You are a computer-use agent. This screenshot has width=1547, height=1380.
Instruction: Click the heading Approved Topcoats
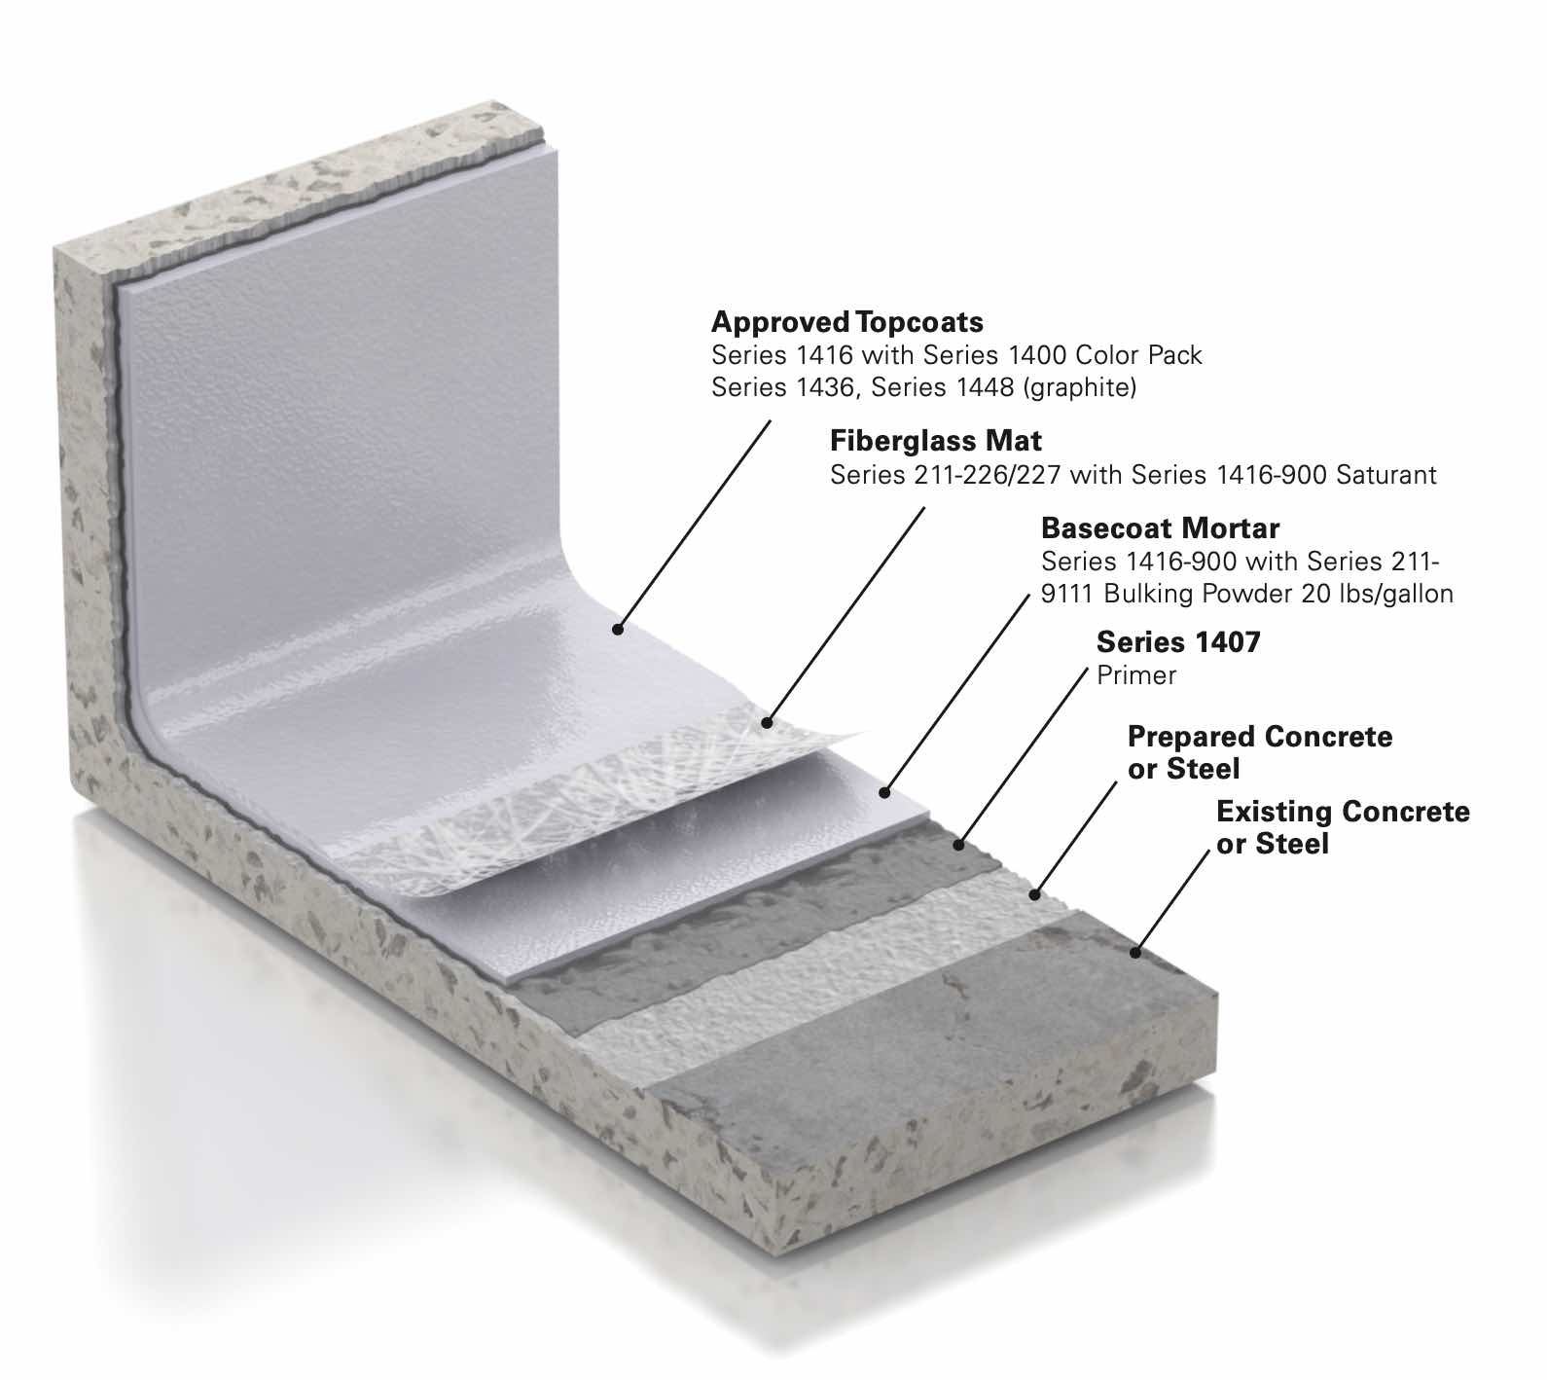click(x=846, y=322)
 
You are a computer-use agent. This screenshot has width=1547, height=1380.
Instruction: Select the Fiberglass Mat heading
click(x=935, y=441)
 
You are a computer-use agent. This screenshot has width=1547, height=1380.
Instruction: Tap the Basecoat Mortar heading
click(x=1160, y=528)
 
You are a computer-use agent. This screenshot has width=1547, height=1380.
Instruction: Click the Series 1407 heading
click(x=1177, y=642)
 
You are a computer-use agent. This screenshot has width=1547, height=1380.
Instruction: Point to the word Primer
click(x=1135, y=675)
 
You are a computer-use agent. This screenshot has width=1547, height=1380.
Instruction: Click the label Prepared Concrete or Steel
click(x=1259, y=752)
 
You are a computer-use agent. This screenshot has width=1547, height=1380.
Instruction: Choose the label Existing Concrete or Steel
click(x=1343, y=827)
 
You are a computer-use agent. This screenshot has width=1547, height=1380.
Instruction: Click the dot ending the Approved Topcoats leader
click(x=618, y=630)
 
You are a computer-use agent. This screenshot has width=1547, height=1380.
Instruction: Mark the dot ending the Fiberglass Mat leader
click(x=767, y=723)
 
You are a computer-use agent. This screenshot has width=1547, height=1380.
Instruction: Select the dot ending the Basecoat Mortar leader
click(x=884, y=793)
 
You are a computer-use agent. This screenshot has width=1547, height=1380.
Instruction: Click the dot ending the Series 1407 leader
click(x=959, y=845)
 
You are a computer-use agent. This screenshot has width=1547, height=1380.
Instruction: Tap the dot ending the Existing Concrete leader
click(x=1134, y=953)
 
